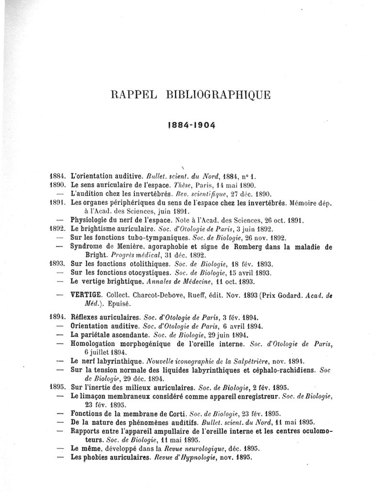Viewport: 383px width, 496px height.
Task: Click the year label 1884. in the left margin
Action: (58, 176)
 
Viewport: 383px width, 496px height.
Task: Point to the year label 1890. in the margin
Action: (58, 185)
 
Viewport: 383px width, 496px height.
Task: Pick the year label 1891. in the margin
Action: (58, 203)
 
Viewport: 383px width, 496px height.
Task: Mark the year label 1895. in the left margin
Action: (58, 387)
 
